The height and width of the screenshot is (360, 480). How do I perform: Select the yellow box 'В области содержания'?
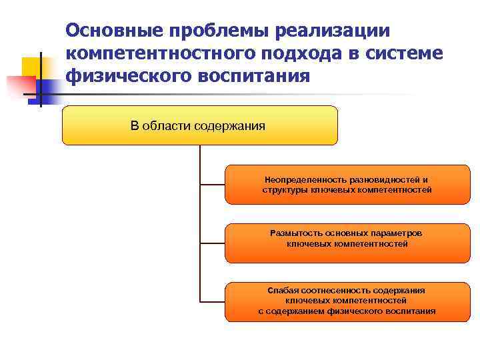pyautogui.click(x=200, y=125)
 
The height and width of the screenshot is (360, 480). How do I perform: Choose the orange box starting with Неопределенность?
pyautogui.click(x=347, y=185)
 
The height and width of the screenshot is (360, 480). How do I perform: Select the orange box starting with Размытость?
pyautogui.click(x=347, y=243)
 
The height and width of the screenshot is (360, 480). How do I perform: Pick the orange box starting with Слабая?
pyautogui.click(x=347, y=301)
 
